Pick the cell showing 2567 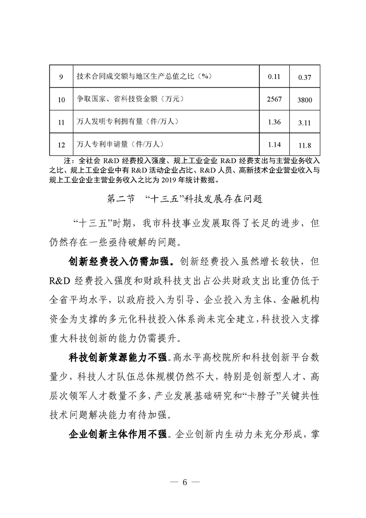(x=274, y=99)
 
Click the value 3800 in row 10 (x=305, y=100)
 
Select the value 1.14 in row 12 (x=274, y=145)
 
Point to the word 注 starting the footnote (x=66, y=160)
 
